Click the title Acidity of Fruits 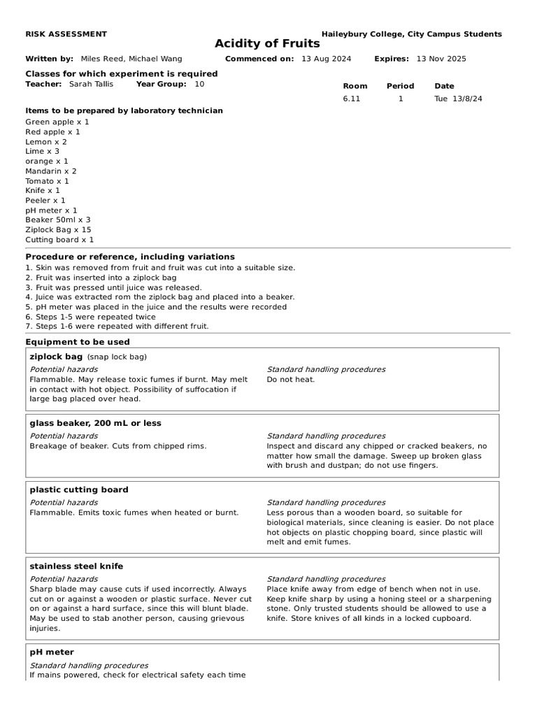[x=267, y=44]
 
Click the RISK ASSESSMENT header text [x=66, y=34]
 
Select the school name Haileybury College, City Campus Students [x=411, y=34]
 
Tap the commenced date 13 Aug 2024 [x=326, y=59]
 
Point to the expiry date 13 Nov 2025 [x=441, y=59]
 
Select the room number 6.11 [x=351, y=99]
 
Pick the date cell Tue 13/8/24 [x=458, y=99]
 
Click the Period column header [x=400, y=86]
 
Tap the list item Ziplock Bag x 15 [x=58, y=229]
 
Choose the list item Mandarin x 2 [x=51, y=171]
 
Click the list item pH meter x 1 [x=51, y=210]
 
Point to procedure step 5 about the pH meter [x=156, y=307]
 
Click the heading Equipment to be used [x=78, y=342]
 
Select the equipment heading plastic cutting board [x=79, y=489]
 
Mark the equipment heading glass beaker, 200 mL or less [x=95, y=423]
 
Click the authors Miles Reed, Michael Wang [x=131, y=59]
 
